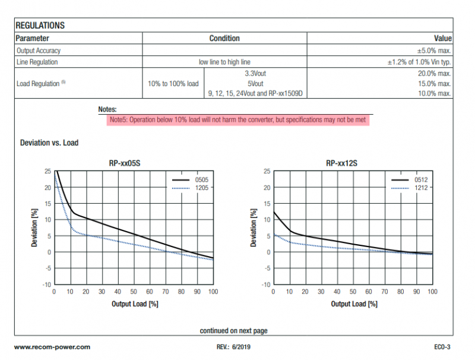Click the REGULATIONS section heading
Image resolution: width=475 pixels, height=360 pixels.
click(x=40, y=26)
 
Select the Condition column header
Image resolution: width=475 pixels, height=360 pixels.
click(x=224, y=39)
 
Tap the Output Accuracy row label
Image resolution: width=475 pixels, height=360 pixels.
click(x=39, y=50)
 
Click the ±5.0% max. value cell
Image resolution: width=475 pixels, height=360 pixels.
click(x=434, y=50)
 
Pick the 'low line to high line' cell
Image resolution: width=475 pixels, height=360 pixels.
click(x=224, y=62)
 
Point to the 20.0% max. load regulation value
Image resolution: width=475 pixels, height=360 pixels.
click(x=435, y=74)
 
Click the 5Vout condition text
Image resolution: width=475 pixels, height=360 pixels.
click(x=255, y=84)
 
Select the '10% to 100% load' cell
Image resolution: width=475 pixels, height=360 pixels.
click(x=173, y=84)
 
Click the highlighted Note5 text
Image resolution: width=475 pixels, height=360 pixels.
click(x=238, y=119)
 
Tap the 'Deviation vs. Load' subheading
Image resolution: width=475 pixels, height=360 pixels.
click(x=49, y=143)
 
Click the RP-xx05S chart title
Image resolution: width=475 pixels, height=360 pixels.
click(x=125, y=163)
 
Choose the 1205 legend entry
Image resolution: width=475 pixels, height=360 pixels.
click(x=190, y=188)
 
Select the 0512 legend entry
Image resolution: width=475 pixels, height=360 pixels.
click(x=410, y=179)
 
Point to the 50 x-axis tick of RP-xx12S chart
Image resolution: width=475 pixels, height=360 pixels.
click(x=353, y=292)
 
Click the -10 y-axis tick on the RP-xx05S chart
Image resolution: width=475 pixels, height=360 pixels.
click(x=47, y=285)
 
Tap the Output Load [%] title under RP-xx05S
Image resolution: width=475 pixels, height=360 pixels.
click(x=135, y=304)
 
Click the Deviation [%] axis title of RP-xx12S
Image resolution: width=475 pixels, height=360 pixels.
click(x=254, y=228)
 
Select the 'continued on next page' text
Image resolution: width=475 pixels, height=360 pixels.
click(x=233, y=331)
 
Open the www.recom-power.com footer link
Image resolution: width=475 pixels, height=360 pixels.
click(x=52, y=348)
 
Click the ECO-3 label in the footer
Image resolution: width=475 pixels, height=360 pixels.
click(x=442, y=348)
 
